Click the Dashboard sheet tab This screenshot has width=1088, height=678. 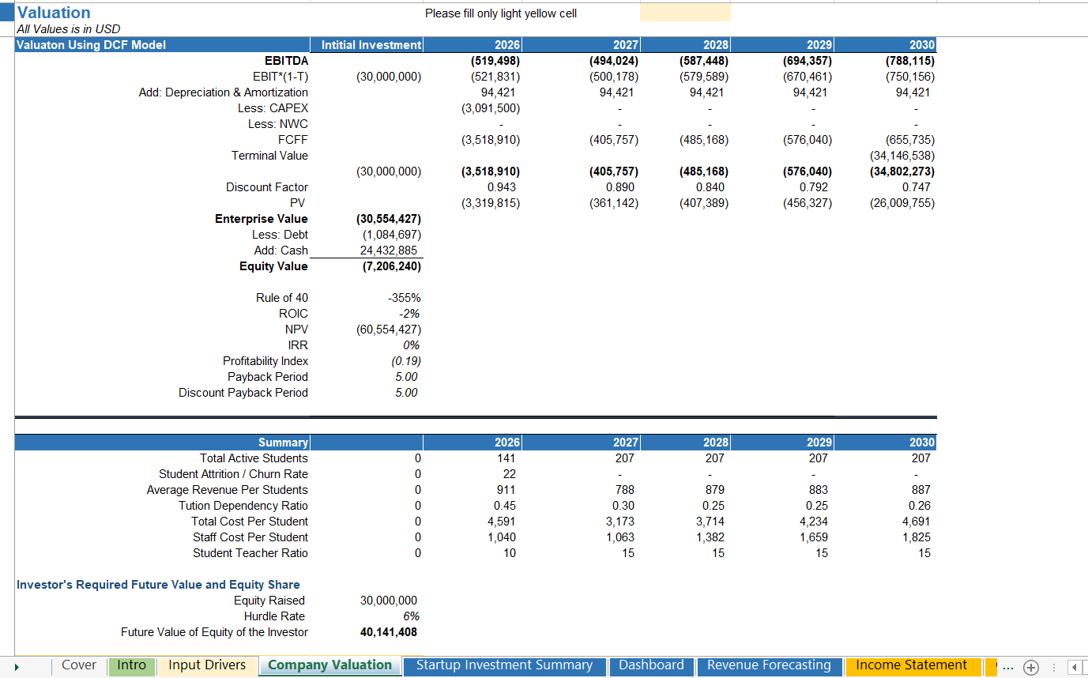click(651, 665)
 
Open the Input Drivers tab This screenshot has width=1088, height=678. click(207, 665)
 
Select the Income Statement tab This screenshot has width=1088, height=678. click(911, 665)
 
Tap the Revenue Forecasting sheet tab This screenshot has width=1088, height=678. click(769, 665)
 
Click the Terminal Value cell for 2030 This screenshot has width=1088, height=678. click(902, 156)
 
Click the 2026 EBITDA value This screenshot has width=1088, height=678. click(495, 61)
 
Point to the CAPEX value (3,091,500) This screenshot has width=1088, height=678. click(491, 108)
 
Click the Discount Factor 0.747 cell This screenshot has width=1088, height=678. click(916, 187)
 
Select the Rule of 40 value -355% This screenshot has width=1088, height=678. click(405, 298)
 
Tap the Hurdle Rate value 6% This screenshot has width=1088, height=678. click(410, 616)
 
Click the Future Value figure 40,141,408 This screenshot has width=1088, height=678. click(389, 632)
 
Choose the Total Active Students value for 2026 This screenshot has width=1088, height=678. click(506, 458)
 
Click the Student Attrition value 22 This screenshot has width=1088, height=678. click(509, 474)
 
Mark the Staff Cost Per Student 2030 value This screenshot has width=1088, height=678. click(916, 537)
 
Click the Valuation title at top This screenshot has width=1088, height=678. click(54, 13)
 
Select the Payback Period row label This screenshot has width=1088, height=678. click(267, 377)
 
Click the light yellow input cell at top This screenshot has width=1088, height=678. click(684, 13)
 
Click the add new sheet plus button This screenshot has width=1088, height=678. click(1030, 667)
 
